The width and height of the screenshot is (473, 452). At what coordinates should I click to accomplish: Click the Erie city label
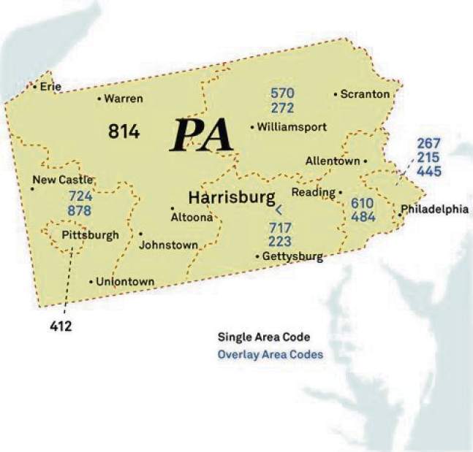click(x=50, y=86)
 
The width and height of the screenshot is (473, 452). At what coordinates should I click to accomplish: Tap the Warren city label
click(x=123, y=99)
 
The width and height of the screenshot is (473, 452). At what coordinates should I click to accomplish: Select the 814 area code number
click(x=124, y=131)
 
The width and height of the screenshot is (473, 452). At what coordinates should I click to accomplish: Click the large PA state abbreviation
click(x=201, y=135)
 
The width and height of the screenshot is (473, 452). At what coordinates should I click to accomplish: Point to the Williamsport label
click(x=291, y=126)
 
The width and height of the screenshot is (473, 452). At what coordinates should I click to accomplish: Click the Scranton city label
click(x=366, y=94)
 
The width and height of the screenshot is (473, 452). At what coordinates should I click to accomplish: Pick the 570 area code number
click(x=282, y=93)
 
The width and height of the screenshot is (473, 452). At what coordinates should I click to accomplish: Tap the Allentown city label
click(x=333, y=161)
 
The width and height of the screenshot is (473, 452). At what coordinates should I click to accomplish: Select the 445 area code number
click(x=430, y=171)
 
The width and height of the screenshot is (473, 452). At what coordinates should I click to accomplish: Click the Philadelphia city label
click(x=434, y=209)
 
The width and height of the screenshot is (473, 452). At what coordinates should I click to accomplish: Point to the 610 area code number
click(x=363, y=203)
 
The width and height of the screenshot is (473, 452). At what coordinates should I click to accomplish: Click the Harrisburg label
click(x=232, y=197)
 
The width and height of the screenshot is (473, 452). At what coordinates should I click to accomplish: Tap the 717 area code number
click(x=281, y=227)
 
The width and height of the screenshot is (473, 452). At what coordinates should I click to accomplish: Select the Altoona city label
click(x=192, y=217)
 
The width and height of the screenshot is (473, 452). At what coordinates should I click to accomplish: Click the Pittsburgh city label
click(x=90, y=235)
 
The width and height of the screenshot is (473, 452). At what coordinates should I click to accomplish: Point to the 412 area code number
click(x=61, y=326)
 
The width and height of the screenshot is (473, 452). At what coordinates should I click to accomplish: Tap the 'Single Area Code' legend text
click(x=264, y=337)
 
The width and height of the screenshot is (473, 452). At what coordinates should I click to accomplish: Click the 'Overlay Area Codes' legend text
click(x=270, y=355)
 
